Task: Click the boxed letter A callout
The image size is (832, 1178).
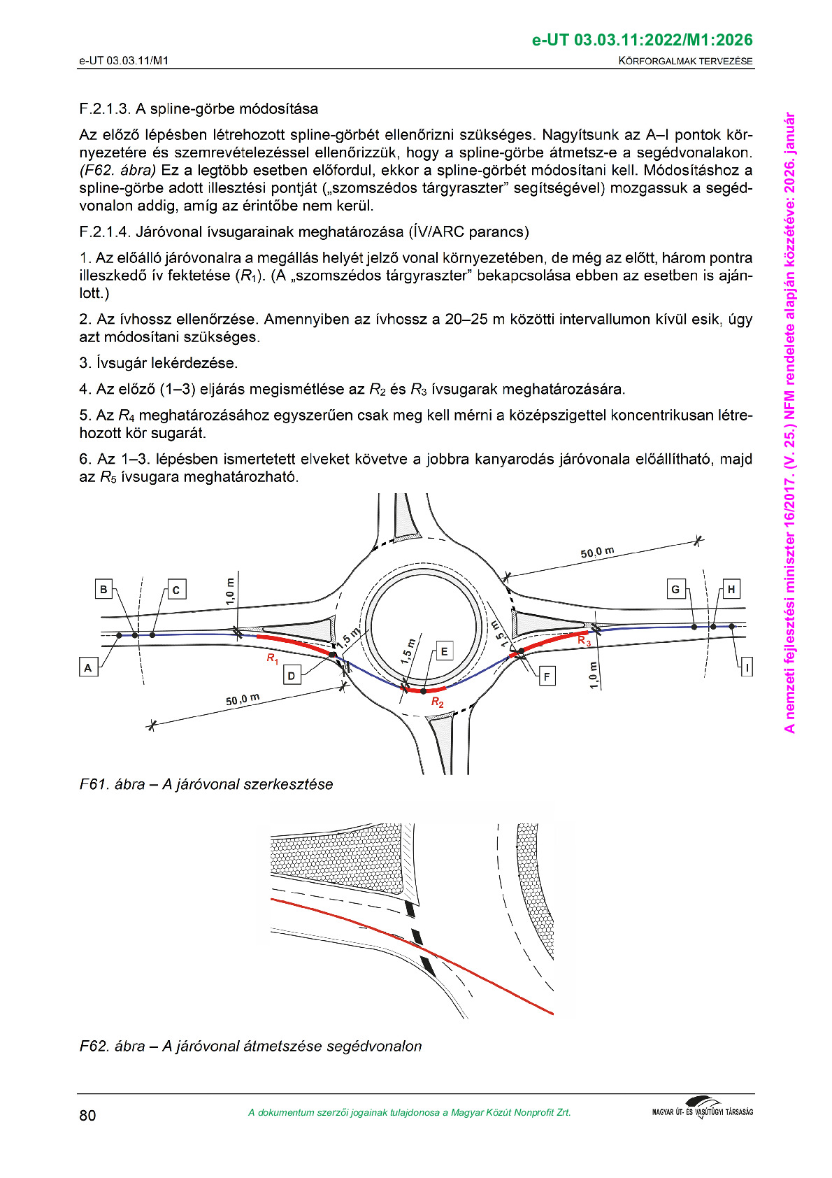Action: pyautogui.click(x=88, y=667)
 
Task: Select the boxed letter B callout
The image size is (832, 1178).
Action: pyautogui.click(x=103, y=589)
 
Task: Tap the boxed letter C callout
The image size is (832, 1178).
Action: pyautogui.click(x=176, y=590)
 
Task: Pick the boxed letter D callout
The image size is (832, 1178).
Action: pyautogui.click(x=292, y=675)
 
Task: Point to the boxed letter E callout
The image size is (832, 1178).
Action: pyautogui.click(x=443, y=651)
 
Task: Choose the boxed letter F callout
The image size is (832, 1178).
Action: pyautogui.click(x=547, y=676)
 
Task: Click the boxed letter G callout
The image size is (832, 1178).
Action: pyautogui.click(x=675, y=589)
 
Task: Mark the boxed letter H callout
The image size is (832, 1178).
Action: pyautogui.click(x=731, y=589)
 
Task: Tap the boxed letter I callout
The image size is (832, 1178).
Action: pyautogui.click(x=747, y=667)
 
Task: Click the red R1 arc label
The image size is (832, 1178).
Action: pyautogui.click(x=273, y=658)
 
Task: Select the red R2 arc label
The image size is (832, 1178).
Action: pyautogui.click(x=438, y=702)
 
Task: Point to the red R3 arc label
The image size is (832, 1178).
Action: pyautogui.click(x=584, y=640)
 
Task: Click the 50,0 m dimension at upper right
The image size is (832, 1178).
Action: pyautogui.click(x=597, y=552)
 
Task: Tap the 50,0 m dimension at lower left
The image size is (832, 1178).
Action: pyautogui.click(x=243, y=699)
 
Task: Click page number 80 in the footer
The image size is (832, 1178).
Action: pyautogui.click(x=87, y=1115)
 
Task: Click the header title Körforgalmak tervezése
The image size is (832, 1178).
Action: pyautogui.click(x=685, y=61)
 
